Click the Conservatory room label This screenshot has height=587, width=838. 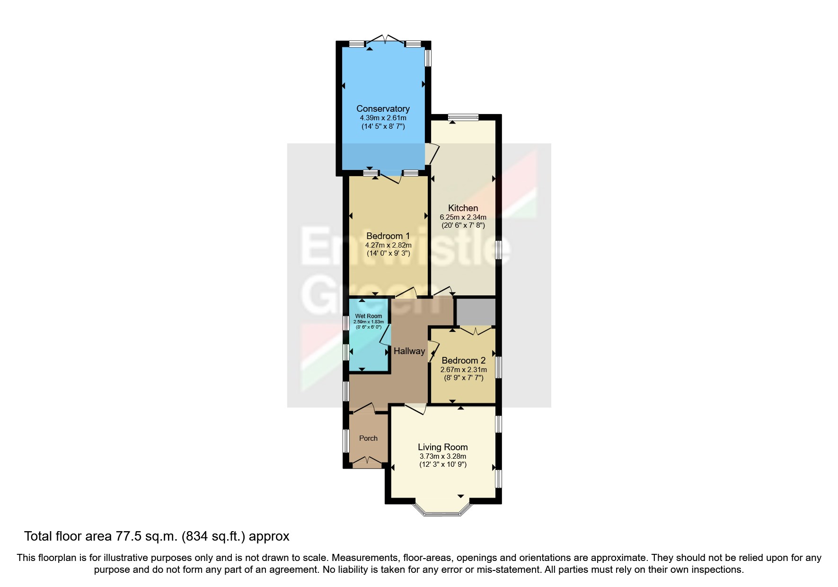point(383,109)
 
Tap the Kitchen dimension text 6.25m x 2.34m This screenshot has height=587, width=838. point(463,217)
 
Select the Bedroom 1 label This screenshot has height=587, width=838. point(388,236)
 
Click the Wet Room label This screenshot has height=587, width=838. point(369,316)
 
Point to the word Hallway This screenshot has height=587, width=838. point(409,351)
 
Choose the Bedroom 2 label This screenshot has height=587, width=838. point(463,361)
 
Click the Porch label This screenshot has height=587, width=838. point(368,438)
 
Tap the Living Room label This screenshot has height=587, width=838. point(442,447)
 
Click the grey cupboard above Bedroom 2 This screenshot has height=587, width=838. point(476,311)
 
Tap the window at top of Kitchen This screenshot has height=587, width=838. point(463,117)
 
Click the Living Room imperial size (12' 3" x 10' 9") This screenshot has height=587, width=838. point(442,464)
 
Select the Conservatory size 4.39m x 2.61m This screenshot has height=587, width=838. point(383,118)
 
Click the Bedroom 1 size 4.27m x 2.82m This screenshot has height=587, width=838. point(388,245)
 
